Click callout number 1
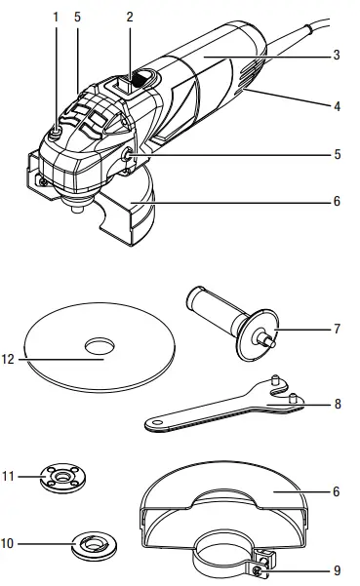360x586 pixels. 56,17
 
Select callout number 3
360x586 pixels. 336,56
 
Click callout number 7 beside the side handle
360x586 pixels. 336,330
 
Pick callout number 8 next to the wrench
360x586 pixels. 336,401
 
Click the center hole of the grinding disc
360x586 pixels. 100,346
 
